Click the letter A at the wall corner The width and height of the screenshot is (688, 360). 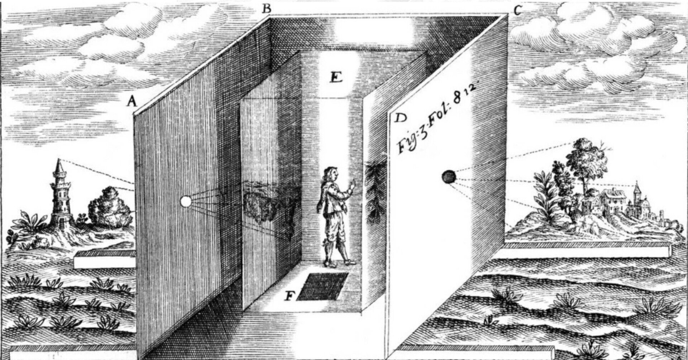pos(132,102)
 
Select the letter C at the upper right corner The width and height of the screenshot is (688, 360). pos(517,11)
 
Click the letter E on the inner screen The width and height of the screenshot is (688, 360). pos(336,77)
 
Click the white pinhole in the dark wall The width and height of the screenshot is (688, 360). pos(186,202)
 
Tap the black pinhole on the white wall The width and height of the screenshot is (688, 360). pos(448,177)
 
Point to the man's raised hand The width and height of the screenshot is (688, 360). pos(353,186)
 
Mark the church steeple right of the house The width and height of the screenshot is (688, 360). pos(637,193)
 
